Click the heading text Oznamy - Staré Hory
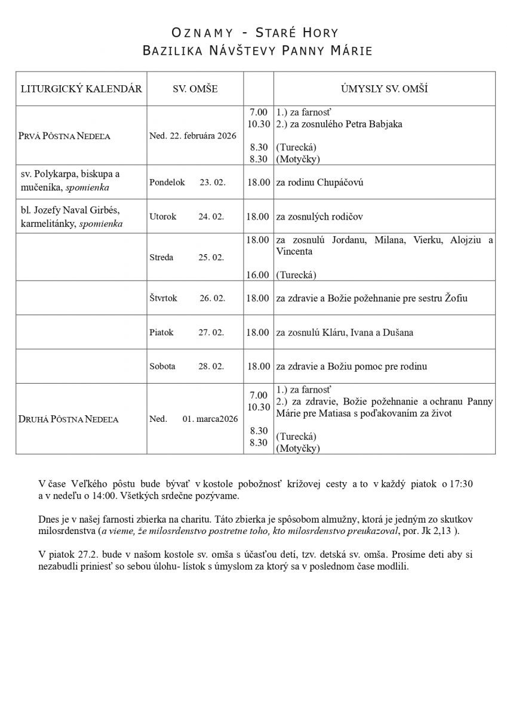(253, 32)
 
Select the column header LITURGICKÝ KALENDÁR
(81, 89)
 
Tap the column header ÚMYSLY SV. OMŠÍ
(384, 89)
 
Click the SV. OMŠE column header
(195, 89)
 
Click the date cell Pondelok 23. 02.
(188, 183)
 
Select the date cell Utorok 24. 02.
(186, 217)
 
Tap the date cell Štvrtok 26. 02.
(188, 298)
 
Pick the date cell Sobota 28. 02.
(187, 366)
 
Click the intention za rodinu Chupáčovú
(319, 183)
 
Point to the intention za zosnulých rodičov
(319, 217)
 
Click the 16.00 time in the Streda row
(257, 274)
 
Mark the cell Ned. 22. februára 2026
(193, 136)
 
